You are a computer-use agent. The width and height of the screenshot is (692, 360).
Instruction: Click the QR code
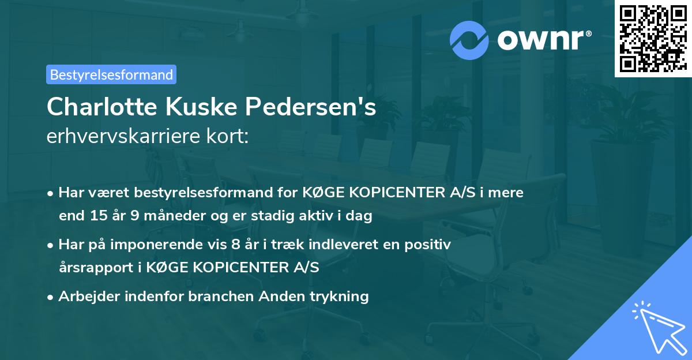click(653, 39)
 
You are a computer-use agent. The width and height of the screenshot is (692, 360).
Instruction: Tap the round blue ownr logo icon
click(469, 40)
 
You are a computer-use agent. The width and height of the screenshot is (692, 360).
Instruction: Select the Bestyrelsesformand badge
click(111, 74)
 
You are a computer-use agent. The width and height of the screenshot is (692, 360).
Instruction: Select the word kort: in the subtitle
click(230, 137)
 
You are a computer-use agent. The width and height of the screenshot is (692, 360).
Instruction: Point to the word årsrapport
click(92, 268)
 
